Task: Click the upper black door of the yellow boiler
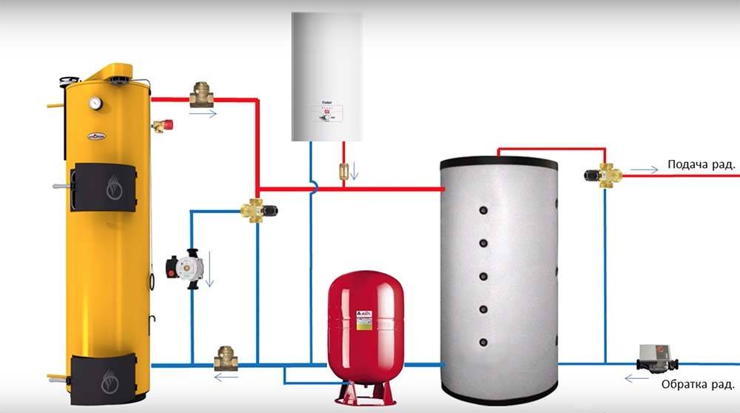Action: [x=104, y=187]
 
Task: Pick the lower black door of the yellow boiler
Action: [x=104, y=375]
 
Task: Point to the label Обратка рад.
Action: [x=698, y=385]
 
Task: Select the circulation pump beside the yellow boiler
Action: [x=180, y=267]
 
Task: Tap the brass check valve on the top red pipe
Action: [x=201, y=95]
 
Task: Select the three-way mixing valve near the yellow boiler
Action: [x=259, y=209]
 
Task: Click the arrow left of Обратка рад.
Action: [x=633, y=379]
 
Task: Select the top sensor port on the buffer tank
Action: [x=482, y=208]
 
